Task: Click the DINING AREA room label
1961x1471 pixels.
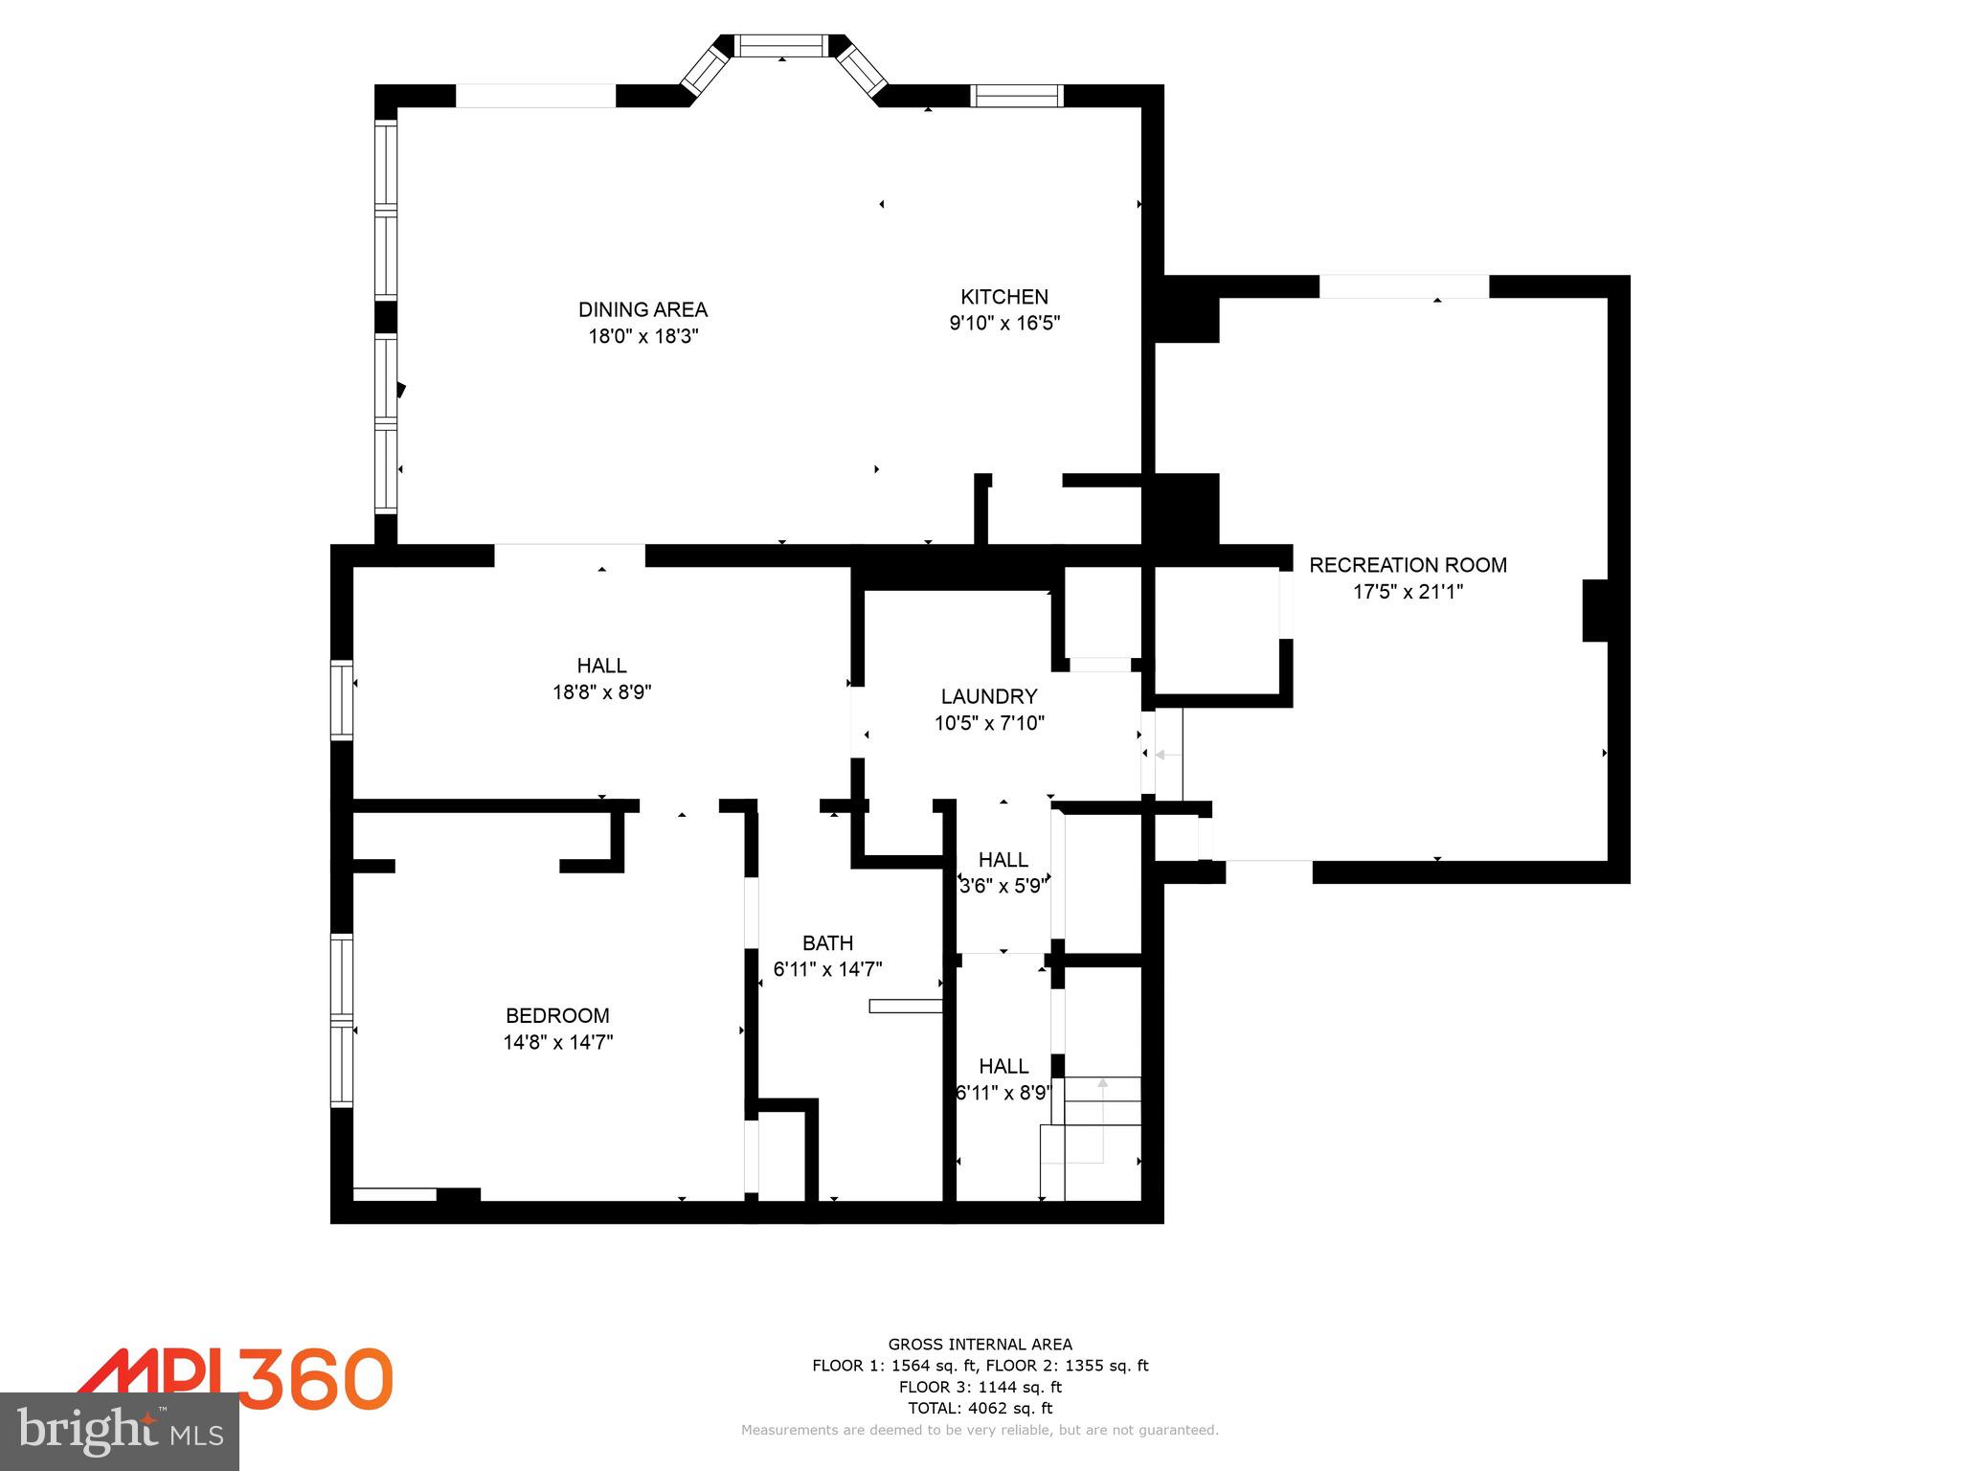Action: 642,309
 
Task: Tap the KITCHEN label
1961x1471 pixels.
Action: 1004,297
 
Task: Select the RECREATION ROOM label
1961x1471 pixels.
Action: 1408,565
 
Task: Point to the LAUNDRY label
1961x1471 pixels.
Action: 989,696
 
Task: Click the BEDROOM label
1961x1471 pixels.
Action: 557,1015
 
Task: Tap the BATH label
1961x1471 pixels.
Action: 827,943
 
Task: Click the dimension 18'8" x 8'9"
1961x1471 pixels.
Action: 601,691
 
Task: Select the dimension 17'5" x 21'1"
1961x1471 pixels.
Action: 1408,592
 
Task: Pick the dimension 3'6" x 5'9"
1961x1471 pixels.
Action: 1002,886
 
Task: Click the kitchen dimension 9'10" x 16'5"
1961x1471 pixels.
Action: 1004,324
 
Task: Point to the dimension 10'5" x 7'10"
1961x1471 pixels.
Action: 989,723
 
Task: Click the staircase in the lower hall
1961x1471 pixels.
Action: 1097,1136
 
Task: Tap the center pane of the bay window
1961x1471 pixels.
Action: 782,46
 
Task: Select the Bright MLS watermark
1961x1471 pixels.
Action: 119,1431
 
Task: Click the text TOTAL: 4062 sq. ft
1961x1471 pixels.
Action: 980,1408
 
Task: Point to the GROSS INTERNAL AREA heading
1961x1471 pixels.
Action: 980,1345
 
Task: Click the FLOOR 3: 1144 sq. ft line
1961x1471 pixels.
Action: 980,1387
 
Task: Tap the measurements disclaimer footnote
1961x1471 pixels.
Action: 980,1430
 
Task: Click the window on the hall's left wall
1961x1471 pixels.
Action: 342,700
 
